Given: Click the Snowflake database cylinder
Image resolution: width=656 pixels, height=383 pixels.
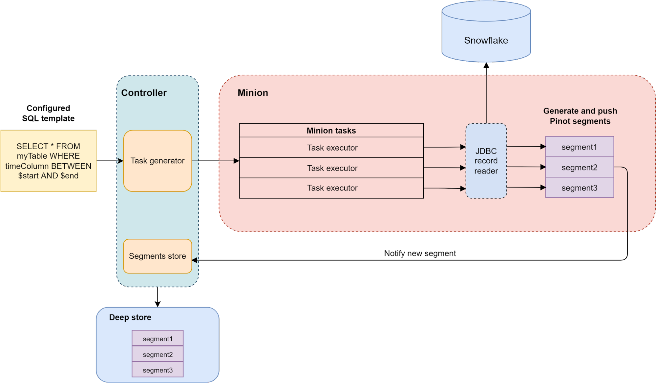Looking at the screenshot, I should (x=486, y=36).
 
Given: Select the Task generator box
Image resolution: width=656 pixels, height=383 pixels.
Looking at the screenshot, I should (x=158, y=161).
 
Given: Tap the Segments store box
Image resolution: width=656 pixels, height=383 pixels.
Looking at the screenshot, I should (x=158, y=256).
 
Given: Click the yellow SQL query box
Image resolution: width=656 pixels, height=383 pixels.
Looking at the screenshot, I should (x=48, y=161).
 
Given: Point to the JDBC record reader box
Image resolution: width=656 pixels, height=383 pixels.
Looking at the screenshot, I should (x=486, y=161).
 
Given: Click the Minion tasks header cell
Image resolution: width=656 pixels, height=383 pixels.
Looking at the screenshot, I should (x=331, y=131).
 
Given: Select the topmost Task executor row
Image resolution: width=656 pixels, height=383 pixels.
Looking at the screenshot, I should (x=332, y=148).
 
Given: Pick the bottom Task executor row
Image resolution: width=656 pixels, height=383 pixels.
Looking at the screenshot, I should (x=332, y=188).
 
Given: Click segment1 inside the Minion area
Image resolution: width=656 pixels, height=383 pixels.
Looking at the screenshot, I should (x=579, y=147).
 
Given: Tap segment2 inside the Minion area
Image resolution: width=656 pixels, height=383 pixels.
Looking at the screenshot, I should (x=579, y=167).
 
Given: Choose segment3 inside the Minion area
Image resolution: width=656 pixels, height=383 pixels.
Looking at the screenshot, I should (x=579, y=188).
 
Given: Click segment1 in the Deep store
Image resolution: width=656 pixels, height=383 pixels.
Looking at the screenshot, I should (x=158, y=339).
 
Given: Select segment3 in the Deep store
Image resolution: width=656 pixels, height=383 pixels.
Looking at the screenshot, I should (x=158, y=370).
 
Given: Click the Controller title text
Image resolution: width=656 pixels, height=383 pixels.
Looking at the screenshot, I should (x=144, y=93).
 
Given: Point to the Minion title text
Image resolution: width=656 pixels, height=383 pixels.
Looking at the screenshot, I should (x=253, y=93).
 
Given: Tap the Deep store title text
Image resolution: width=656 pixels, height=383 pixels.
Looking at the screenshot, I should (x=130, y=317).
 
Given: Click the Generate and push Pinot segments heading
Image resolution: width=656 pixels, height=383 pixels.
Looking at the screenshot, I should (x=580, y=116).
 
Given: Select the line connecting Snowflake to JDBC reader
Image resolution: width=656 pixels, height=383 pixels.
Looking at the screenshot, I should (x=486, y=98).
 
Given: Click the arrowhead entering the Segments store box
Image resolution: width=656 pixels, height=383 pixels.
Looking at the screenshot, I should (x=195, y=260).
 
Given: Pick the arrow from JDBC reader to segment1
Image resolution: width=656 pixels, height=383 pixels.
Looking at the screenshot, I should (x=525, y=146).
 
